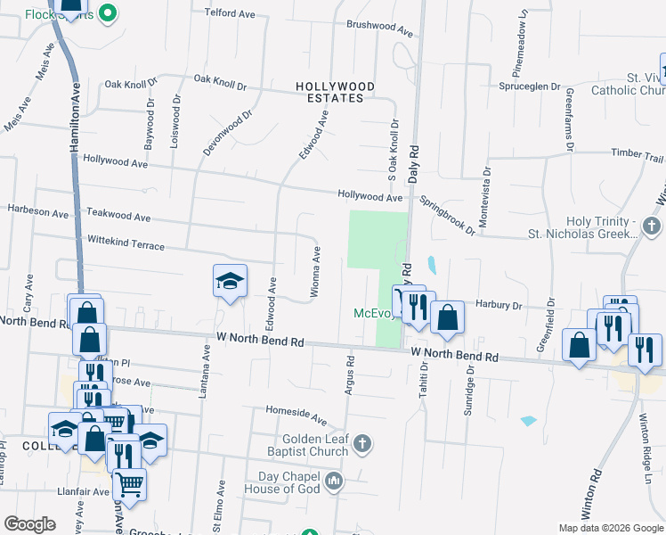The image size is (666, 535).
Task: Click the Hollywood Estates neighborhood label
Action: click(x=335, y=92)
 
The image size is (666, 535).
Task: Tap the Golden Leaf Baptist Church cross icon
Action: click(x=361, y=443)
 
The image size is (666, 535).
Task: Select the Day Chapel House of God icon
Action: click(x=334, y=482)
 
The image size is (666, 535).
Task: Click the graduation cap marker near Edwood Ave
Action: click(x=230, y=283)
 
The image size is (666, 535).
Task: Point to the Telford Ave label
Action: click(x=231, y=13)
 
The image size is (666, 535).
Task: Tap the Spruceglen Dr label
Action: click(x=531, y=88)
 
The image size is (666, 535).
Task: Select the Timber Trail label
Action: click(x=638, y=154)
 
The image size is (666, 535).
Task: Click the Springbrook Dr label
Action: click(x=448, y=216)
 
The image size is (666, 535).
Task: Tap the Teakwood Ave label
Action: click(x=118, y=216)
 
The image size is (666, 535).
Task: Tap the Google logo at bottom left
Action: click(x=30, y=523)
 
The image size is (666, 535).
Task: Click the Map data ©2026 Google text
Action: click(x=610, y=528)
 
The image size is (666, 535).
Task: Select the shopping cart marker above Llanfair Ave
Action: click(x=130, y=484)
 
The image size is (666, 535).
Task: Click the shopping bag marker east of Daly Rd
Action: click(x=447, y=317)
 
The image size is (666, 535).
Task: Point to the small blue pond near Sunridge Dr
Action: click(x=528, y=420)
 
